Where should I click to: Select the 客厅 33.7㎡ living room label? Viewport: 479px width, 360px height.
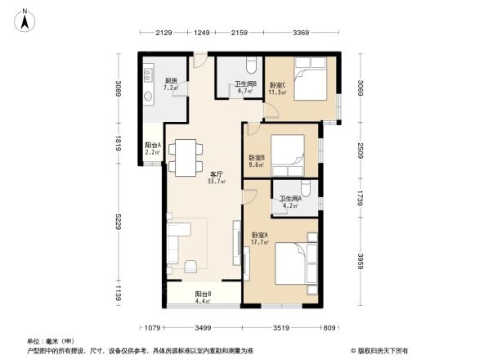tap(217, 178)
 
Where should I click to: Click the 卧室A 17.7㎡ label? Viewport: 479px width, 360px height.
tap(261, 239)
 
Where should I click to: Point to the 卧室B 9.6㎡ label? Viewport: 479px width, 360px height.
tap(256, 161)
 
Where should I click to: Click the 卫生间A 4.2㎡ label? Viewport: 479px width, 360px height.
tap(289, 202)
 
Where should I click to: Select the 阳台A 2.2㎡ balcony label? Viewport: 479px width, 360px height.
tap(153, 148)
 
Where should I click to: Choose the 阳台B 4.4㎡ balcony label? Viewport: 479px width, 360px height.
tap(204, 298)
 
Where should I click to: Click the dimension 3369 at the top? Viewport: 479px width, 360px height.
tap(301, 32)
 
